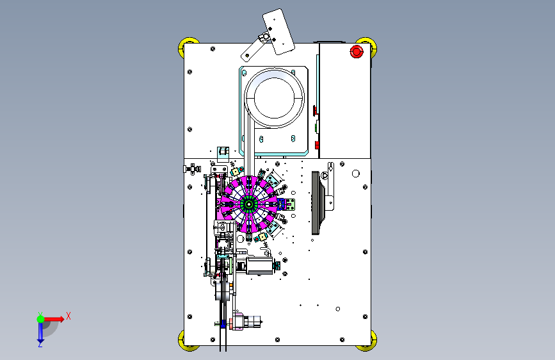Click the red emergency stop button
point(357,52)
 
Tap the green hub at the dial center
point(248,204)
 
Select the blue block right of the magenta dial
point(281,204)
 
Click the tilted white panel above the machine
point(278,32)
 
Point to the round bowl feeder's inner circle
point(275,98)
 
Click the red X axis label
point(68,316)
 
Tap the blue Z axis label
point(40,344)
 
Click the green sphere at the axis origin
point(41,319)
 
